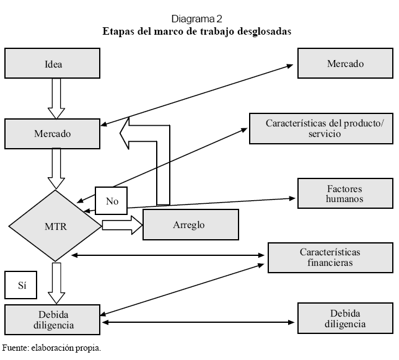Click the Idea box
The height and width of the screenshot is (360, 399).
(x=53, y=64)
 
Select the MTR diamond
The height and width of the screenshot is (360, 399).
(x=55, y=226)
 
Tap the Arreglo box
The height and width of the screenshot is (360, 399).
(x=190, y=224)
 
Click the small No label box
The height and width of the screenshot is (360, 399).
(x=112, y=201)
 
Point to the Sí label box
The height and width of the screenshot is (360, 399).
(x=20, y=286)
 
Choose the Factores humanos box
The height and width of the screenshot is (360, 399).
(x=344, y=193)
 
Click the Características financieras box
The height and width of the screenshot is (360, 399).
(x=330, y=257)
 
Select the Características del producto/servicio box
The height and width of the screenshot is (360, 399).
(x=320, y=128)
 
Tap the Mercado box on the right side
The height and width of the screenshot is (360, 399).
(x=344, y=64)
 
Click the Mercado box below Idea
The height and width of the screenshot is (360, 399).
(x=53, y=133)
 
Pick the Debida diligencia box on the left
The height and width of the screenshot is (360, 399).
(x=53, y=319)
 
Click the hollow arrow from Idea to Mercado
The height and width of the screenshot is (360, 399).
(x=56, y=99)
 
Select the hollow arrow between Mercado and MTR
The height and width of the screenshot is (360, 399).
(x=56, y=168)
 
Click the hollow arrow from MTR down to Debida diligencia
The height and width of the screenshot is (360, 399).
(x=56, y=282)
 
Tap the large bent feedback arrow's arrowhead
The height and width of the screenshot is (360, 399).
(x=132, y=133)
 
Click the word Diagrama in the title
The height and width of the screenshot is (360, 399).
(x=190, y=19)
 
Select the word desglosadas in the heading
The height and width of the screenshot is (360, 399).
(x=259, y=31)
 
